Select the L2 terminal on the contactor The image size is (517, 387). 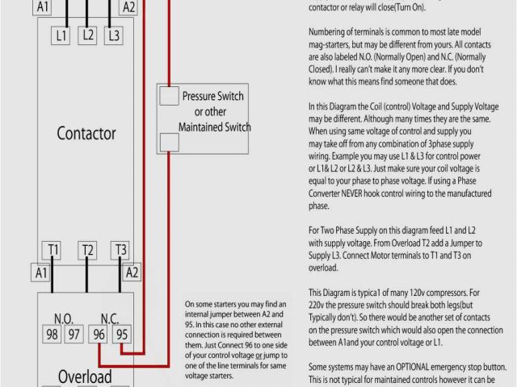tap(88, 35)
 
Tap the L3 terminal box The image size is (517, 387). tap(114, 35)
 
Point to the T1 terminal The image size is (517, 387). tap(53, 250)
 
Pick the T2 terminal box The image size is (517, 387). tap(88, 250)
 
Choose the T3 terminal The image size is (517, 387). tap(120, 250)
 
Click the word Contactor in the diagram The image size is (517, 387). tap(86, 133)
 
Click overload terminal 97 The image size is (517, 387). tap(74, 334)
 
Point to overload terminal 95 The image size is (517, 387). tap(121, 334)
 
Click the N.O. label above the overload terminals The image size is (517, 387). tap(64, 318)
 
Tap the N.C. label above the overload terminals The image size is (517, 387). tap(111, 318)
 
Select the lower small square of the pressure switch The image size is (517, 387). tap(168, 143)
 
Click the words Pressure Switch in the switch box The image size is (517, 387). tap(212, 97)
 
